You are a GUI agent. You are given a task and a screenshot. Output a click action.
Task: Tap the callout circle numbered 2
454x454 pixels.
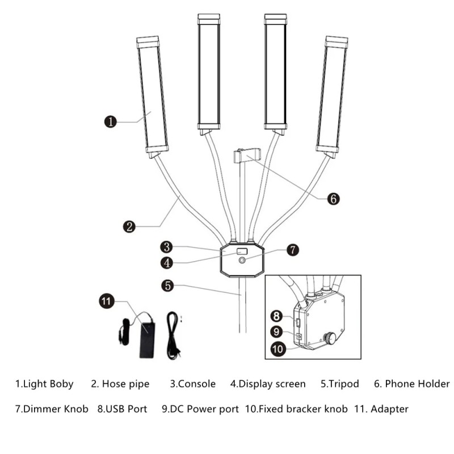[130, 226]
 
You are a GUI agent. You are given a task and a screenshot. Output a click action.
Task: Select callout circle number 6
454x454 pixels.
[334, 199]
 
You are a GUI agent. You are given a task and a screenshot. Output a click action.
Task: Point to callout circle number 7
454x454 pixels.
[292, 249]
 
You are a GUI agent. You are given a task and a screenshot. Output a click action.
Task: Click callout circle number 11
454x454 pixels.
[107, 301]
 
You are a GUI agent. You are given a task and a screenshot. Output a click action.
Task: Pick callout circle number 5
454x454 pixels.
[166, 285]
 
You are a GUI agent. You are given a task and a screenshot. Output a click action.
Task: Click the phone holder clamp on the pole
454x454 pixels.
[247, 154]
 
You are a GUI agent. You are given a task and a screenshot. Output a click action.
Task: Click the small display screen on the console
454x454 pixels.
[241, 251]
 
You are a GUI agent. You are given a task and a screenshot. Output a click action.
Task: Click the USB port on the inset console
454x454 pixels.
[299, 323]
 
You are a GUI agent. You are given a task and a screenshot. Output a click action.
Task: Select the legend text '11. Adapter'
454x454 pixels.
[381, 409]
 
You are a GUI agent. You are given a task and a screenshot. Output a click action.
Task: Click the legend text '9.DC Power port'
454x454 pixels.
[200, 409]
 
